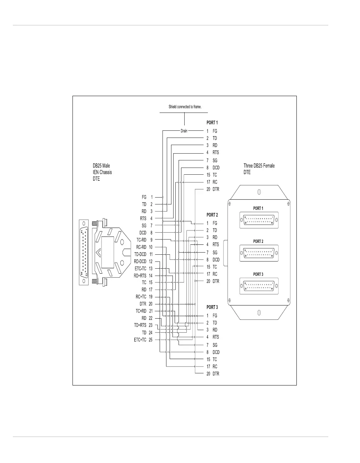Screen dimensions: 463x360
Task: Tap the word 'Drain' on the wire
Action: pos(184,131)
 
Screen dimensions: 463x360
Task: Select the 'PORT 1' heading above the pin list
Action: pos(212,123)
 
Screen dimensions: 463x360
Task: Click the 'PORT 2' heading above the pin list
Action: pos(212,215)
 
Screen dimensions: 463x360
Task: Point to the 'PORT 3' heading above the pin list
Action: pos(212,307)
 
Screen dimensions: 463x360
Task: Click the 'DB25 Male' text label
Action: pos(101,166)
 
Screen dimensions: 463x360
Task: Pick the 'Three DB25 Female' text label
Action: pos(259,166)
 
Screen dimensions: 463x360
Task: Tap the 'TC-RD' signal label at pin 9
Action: pos(141,240)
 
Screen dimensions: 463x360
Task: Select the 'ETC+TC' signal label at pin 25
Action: pos(140,340)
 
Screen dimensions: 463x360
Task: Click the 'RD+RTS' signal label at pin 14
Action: pos(140,275)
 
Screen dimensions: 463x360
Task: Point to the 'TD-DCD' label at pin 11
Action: pos(140,254)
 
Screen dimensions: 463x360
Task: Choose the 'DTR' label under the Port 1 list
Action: pos(216,189)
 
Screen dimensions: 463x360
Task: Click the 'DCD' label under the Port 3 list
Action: pos(216,352)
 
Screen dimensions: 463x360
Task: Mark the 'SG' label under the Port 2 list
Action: pos(215,253)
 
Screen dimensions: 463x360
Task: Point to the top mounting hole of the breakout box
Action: pos(259,192)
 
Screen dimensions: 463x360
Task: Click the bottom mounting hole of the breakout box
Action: pos(259,313)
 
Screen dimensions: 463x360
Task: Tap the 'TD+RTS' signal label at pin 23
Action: pos(140,325)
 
